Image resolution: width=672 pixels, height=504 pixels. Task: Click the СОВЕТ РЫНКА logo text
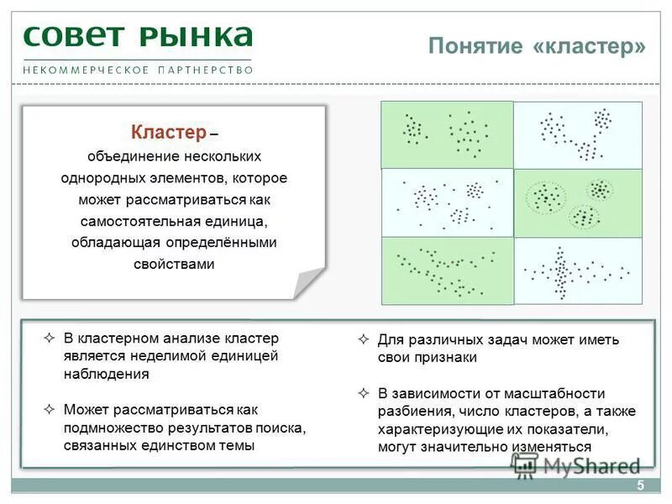click(x=138, y=36)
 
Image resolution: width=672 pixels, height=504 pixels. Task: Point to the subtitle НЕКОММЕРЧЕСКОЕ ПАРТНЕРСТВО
click(x=138, y=70)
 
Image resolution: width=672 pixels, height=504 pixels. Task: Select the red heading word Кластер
click(x=168, y=133)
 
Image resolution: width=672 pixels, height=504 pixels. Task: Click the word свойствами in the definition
click(x=175, y=264)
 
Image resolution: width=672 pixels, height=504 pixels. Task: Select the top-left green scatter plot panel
click(x=447, y=134)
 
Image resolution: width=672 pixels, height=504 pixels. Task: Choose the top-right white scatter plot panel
click(x=578, y=134)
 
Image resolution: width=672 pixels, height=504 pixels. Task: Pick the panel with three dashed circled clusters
click(x=578, y=203)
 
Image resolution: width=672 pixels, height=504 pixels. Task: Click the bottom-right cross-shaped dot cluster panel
click(x=578, y=270)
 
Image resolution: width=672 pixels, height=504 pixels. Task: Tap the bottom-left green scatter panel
click(x=447, y=270)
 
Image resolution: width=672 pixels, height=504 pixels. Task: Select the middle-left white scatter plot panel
click(x=447, y=203)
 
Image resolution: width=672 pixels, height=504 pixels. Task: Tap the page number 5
click(x=640, y=486)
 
